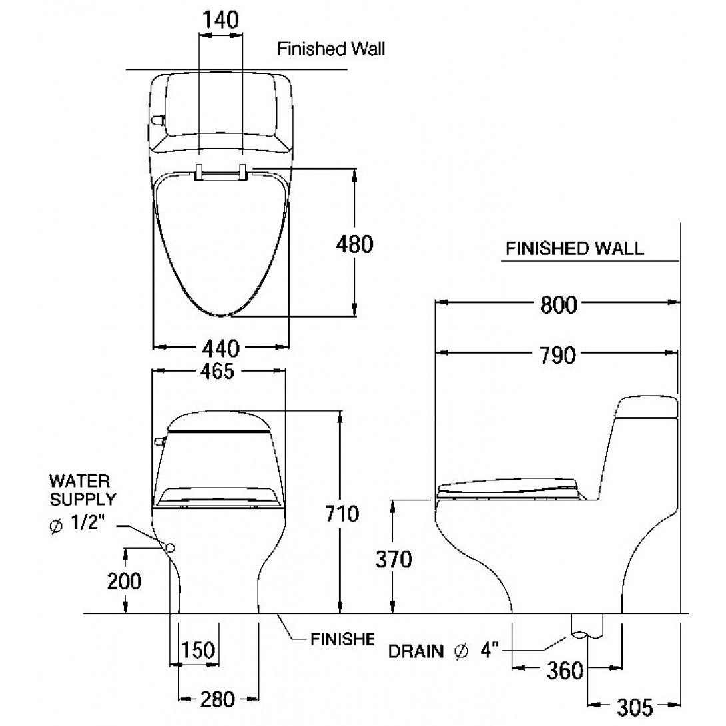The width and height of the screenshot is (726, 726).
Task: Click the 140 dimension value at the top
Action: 220,20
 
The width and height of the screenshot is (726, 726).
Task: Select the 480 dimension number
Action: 353,244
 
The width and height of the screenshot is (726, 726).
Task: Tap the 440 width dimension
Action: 220,347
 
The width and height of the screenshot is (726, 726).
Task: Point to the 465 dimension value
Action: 218,372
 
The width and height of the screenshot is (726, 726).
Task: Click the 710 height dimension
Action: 342,513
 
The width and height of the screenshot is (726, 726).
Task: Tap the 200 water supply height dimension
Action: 125,581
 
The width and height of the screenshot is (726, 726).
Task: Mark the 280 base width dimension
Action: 218,699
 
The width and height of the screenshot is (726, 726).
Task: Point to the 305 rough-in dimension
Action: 634,705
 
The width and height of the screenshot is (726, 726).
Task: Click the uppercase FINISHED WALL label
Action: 575,249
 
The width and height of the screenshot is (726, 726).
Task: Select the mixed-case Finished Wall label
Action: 331,49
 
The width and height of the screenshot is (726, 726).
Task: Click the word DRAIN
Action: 416,651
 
